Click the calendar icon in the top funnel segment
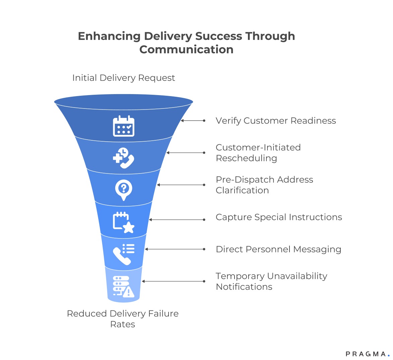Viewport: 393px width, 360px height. tap(123, 126)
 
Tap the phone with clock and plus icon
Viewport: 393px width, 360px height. tap(123, 158)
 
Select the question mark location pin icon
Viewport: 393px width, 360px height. tap(123, 190)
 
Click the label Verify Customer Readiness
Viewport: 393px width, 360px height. tap(275, 121)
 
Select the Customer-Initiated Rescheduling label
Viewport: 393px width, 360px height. tap(258, 153)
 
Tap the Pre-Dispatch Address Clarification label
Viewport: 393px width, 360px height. tap(264, 185)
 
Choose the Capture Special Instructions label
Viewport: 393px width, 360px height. tap(279, 217)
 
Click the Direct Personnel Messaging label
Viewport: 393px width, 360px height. tap(278, 249)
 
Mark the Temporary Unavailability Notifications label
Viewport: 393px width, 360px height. tap(271, 281)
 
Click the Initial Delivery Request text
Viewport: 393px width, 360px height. tap(124, 78)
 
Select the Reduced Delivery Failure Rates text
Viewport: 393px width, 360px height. tap(123, 319)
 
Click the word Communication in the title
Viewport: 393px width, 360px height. tap(186, 49)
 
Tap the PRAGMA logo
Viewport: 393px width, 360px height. tap(367, 354)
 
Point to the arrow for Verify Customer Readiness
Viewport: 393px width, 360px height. tap(193, 121)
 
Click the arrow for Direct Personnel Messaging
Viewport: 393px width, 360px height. tap(175, 249)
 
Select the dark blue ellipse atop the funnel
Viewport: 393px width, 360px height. tap(123, 101)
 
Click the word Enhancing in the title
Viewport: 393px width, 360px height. tap(109, 36)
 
